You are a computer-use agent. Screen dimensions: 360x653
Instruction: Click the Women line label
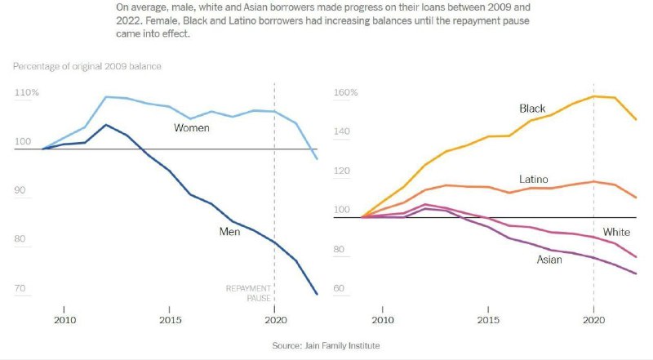192,128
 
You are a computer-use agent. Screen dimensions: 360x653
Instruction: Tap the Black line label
532,109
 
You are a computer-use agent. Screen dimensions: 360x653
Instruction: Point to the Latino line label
533,179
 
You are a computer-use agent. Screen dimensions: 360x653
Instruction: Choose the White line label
616,233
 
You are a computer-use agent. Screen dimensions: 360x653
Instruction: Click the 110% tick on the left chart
27,93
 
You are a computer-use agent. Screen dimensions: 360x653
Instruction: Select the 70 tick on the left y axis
20,289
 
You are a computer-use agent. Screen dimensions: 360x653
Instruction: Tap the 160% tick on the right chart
347,93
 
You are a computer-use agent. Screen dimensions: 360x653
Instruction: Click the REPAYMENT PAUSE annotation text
247,293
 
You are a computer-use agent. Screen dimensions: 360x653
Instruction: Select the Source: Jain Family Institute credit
326,346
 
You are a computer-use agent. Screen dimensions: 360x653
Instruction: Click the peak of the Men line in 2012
106,125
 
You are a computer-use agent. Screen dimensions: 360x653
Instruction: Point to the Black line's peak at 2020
593,96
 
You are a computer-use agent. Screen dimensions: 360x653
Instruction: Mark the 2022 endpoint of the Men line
317,294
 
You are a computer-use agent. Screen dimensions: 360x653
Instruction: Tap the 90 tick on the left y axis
20,191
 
